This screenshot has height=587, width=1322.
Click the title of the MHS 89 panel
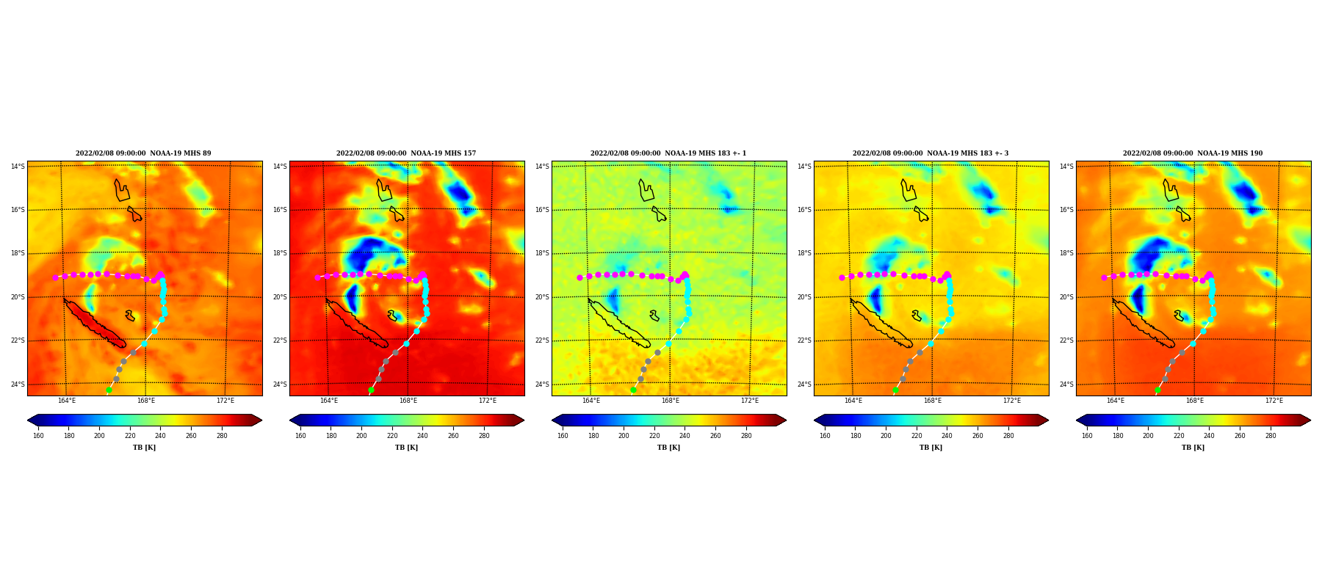pos(143,153)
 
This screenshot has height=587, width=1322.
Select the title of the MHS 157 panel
pos(406,153)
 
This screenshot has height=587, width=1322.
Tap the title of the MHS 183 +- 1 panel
pos(668,153)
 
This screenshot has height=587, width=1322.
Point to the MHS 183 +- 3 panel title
pos(931,153)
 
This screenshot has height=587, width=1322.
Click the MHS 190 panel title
pos(1193,153)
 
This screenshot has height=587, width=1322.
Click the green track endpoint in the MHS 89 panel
pos(109,390)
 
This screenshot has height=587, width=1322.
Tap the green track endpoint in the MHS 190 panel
pos(1157,390)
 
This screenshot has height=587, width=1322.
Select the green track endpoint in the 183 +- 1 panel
pos(633,390)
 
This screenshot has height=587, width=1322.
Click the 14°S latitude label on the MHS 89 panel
pos(18,167)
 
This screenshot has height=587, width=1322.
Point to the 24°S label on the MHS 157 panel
pos(280,384)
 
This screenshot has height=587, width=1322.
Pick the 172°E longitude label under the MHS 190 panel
pos(1274,401)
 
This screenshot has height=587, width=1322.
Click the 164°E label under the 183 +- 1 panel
pos(591,401)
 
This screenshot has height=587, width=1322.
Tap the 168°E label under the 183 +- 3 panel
pos(933,401)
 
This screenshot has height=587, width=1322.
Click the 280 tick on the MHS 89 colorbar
pos(222,436)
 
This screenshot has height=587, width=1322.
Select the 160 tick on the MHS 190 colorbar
pos(1087,436)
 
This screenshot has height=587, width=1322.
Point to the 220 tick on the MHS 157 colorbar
pos(392,436)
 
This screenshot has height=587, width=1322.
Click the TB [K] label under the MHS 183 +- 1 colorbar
pos(668,448)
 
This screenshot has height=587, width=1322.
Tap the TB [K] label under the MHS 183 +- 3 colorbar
pos(931,448)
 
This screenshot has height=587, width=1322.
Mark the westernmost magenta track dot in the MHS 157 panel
pos(317,277)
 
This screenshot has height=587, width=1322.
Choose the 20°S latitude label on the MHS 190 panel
pos(1066,297)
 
